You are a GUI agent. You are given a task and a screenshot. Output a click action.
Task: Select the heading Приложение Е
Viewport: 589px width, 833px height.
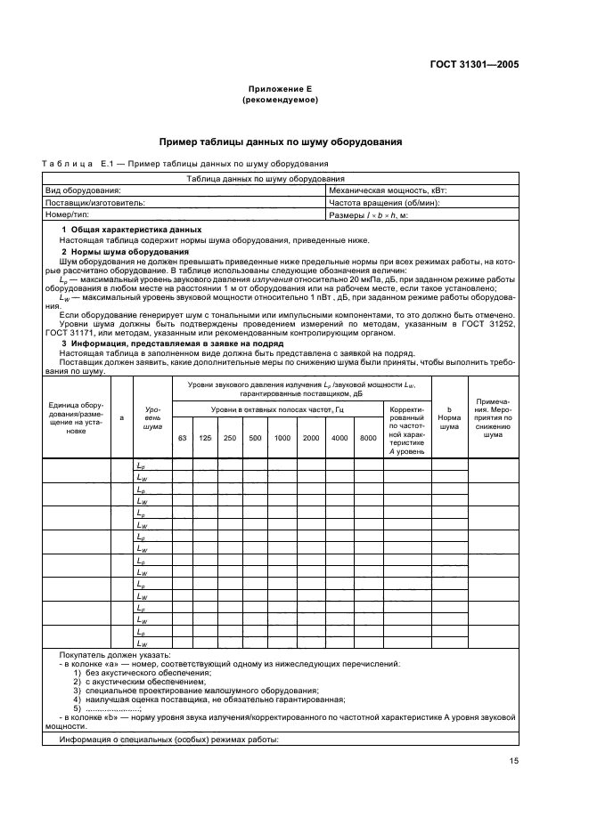pos(281,90)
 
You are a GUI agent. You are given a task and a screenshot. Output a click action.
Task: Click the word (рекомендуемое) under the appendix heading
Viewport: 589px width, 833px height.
pos(281,101)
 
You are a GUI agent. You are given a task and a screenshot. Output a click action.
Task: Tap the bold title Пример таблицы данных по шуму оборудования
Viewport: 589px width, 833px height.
pos(281,142)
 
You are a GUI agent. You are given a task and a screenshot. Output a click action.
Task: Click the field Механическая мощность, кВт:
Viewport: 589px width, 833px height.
pos(388,190)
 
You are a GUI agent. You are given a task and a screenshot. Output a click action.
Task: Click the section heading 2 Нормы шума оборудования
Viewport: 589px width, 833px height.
pos(125,252)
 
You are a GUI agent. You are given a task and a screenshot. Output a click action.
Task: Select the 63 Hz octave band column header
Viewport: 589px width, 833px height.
pos(183,438)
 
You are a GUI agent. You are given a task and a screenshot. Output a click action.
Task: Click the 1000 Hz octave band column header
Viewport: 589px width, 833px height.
pos(282,438)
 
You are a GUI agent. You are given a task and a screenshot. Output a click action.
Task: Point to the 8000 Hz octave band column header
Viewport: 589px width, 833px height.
pos(367,438)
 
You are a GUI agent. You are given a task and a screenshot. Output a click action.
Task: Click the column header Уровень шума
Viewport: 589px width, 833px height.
pos(152,416)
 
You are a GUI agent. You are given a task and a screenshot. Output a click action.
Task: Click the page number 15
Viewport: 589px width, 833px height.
pos(514,761)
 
